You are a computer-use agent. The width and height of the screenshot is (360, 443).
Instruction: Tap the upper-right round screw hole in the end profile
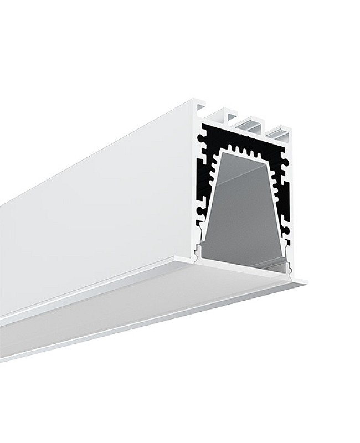tap(285, 161)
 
